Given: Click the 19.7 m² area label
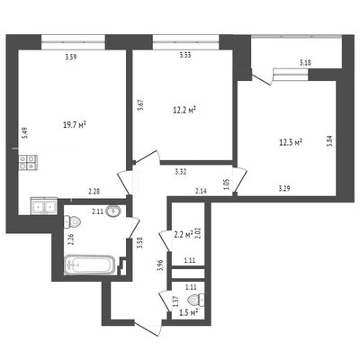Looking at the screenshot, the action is coord(75,125).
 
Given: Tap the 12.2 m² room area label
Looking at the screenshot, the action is coord(184,110).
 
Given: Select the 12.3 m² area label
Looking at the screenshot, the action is coord(291,142).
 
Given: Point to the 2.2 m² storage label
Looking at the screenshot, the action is coord(183,235).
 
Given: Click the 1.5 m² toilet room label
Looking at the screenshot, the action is coord(188,312).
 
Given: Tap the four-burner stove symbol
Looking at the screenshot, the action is coord(28,162).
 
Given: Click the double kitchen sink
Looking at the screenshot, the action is coord(44,206).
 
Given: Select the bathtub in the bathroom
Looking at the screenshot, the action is coord(89,265).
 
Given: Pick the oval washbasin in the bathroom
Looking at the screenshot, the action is coord(113,211).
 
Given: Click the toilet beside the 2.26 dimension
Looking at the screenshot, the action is coord(72,222).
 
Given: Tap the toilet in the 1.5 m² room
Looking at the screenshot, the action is coord(196,300).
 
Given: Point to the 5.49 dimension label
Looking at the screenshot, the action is coord(26,132).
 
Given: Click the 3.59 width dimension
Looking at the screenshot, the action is coord(71,57).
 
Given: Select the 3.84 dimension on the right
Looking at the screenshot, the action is coord(329,140).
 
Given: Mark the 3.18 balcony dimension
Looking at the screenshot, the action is coord(305,63).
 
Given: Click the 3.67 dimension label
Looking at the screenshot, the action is coord(140,105).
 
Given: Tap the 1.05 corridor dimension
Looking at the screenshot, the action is coord(227,184).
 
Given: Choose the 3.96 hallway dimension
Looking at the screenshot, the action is coord(160,265).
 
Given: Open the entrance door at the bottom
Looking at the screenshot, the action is coord(148,328).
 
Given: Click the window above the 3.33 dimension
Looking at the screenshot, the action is coord(185,42).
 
